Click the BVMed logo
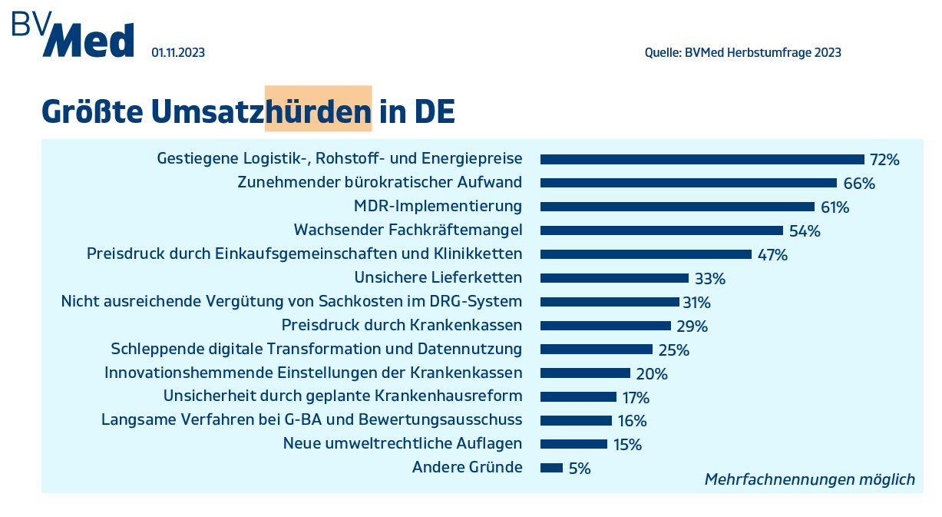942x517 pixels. pos(73,35)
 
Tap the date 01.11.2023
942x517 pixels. pos(178,53)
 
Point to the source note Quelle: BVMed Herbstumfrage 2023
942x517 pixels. pos(742,53)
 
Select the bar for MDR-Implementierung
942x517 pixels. pos(677,207)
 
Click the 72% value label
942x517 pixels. pos(884,160)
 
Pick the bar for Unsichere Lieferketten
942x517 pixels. pos(614,278)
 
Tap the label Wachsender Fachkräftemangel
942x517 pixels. pos(408,230)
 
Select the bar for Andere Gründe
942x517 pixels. pos(551,468)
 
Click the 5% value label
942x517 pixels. pos(580,468)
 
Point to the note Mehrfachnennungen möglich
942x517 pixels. pos(809,479)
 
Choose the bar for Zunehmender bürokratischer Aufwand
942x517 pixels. pos(688,183)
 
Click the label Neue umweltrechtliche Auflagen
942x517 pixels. pos(402,444)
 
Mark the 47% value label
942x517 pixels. pos(772,254)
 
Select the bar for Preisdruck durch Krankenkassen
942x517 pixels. pos(605,326)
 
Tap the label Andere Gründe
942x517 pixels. pos(467,468)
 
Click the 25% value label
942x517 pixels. pos(673,350)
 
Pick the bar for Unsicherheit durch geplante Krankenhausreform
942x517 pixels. pos(578,396)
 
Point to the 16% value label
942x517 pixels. pos(632,420)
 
